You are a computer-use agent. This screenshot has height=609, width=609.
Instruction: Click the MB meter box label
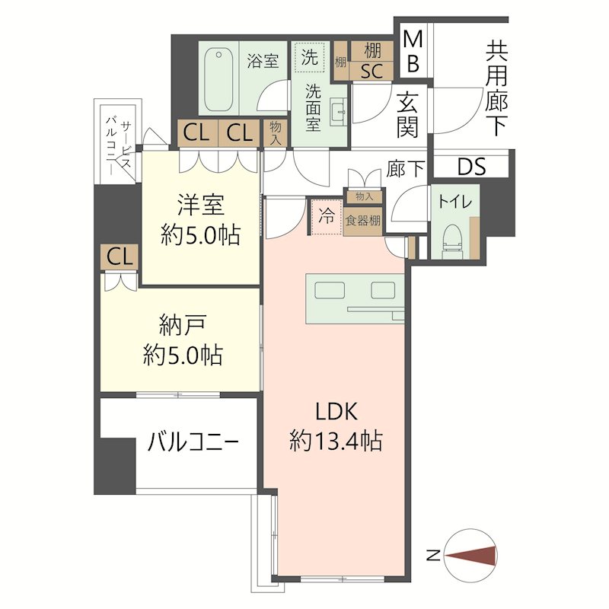tap(412, 50)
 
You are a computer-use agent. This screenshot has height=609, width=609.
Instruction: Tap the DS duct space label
tap(472, 167)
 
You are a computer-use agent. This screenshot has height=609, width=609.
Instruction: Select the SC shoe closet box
tap(371, 72)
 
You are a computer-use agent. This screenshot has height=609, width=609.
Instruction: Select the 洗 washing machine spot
tap(310, 56)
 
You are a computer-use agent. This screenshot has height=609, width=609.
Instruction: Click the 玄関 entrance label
tap(408, 113)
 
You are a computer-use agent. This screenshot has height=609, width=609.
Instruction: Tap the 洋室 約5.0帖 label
tap(201, 220)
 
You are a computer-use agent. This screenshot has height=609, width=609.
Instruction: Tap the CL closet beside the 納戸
tap(119, 257)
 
